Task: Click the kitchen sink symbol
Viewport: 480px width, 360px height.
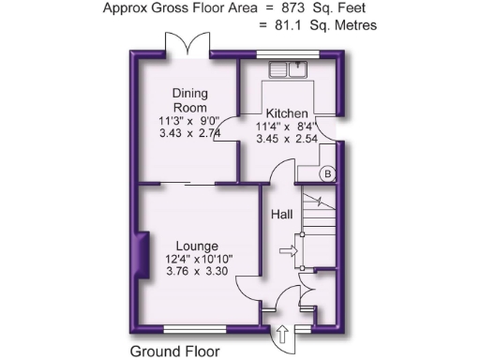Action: (x=289, y=68)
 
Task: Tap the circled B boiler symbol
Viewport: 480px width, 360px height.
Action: (x=327, y=174)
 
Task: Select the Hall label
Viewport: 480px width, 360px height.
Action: (x=282, y=215)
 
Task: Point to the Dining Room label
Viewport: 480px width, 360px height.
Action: (x=189, y=100)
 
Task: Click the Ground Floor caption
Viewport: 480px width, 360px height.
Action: (x=175, y=352)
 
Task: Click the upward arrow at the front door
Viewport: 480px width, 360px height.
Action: (x=282, y=333)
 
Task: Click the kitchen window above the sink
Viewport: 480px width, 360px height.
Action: (x=289, y=55)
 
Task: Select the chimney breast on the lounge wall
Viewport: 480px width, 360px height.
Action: (x=143, y=254)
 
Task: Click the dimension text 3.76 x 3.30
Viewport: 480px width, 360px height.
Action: (x=198, y=271)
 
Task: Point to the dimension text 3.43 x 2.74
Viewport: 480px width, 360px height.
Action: (x=189, y=134)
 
